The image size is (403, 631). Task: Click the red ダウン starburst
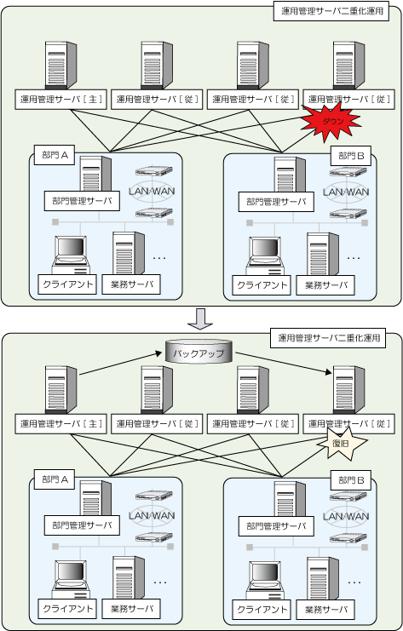click(331, 121)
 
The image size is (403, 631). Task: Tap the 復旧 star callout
click(342, 444)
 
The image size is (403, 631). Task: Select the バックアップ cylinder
click(199, 352)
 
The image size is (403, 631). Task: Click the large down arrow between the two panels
click(200, 319)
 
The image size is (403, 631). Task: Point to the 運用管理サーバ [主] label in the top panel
click(60, 99)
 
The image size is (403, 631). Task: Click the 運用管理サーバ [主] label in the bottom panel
click(60, 424)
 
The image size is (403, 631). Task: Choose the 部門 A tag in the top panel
click(55, 155)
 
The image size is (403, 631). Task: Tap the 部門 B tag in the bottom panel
click(351, 479)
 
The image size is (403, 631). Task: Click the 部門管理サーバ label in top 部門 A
click(82, 201)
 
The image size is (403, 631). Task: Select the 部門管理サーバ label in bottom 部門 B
click(276, 526)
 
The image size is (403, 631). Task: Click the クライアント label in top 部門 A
click(67, 284)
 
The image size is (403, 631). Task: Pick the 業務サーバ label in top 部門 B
click(325, 285)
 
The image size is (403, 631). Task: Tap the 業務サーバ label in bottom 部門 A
click(131, 609)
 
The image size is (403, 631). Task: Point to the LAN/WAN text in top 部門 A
click(152, 191)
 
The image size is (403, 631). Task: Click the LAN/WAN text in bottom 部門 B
click(346, 516)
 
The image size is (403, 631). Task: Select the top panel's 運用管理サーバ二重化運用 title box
click(331, 11)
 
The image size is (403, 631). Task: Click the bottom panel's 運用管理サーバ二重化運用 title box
click(328, 337)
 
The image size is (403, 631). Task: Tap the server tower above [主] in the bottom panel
click(60, 389)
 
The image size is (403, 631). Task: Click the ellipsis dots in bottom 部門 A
click(160, 582)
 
